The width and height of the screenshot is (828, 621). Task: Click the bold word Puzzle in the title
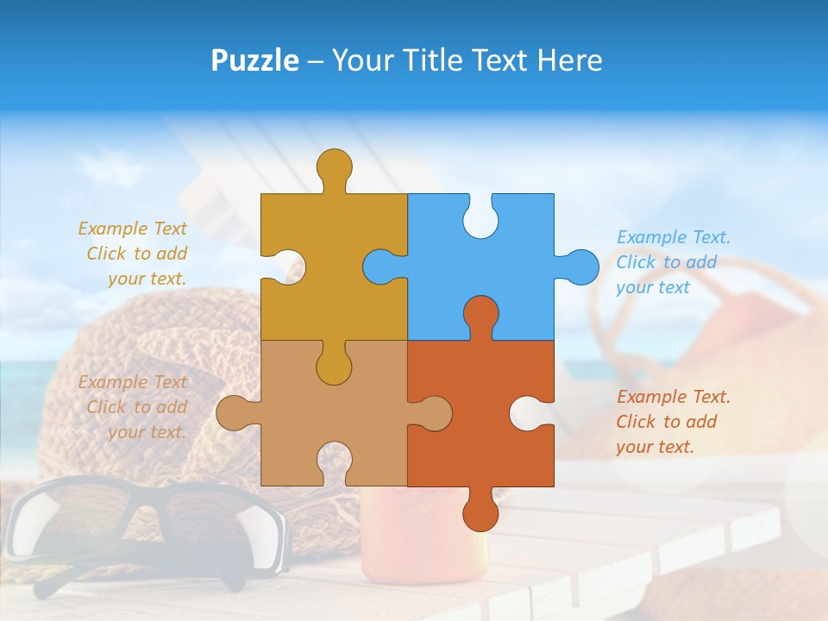(x=255, y=60)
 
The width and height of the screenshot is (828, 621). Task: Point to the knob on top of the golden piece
(x=334, y=166)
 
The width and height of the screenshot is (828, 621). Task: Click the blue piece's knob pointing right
(x=580, y=267)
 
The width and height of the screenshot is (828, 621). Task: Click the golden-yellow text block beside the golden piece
(x=133, y=254)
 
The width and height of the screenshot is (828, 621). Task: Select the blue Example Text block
(x=673, y=262)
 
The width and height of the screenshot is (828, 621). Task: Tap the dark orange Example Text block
(x=673, y=422)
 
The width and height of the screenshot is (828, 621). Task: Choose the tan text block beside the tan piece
(x=133, y=407)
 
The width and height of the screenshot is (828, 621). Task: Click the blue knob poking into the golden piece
(x=382, y=267)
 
